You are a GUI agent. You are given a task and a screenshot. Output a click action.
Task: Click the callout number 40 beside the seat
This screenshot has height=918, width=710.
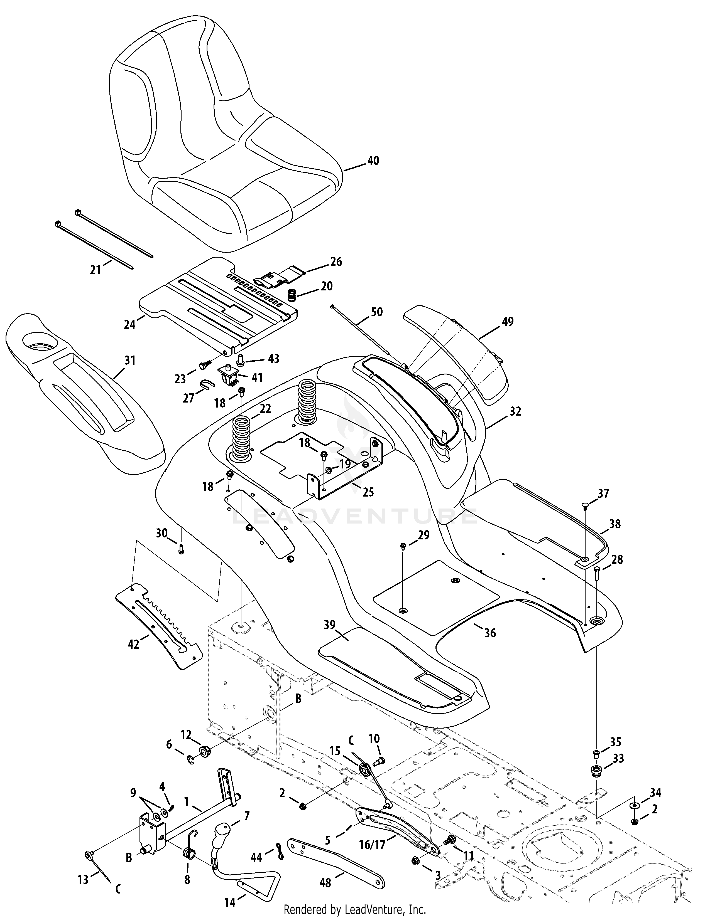pyautogui.click(x=373, y=161)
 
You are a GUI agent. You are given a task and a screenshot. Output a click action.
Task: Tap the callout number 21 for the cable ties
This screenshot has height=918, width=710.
pyautogui.click(x=96, y=270)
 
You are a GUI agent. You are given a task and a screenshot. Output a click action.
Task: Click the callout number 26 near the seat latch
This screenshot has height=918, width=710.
pyautogui.click(x=336, y=262)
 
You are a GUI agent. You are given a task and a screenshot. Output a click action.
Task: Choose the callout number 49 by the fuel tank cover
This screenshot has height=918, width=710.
pyautogui.click(x=508, y=322)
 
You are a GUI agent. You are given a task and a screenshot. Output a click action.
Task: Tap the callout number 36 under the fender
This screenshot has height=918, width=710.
pyautogui.click(x=490, y=644)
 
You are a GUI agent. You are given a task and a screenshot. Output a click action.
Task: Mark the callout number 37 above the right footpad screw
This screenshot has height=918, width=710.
pyautogui.click(x=603, y=493)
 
